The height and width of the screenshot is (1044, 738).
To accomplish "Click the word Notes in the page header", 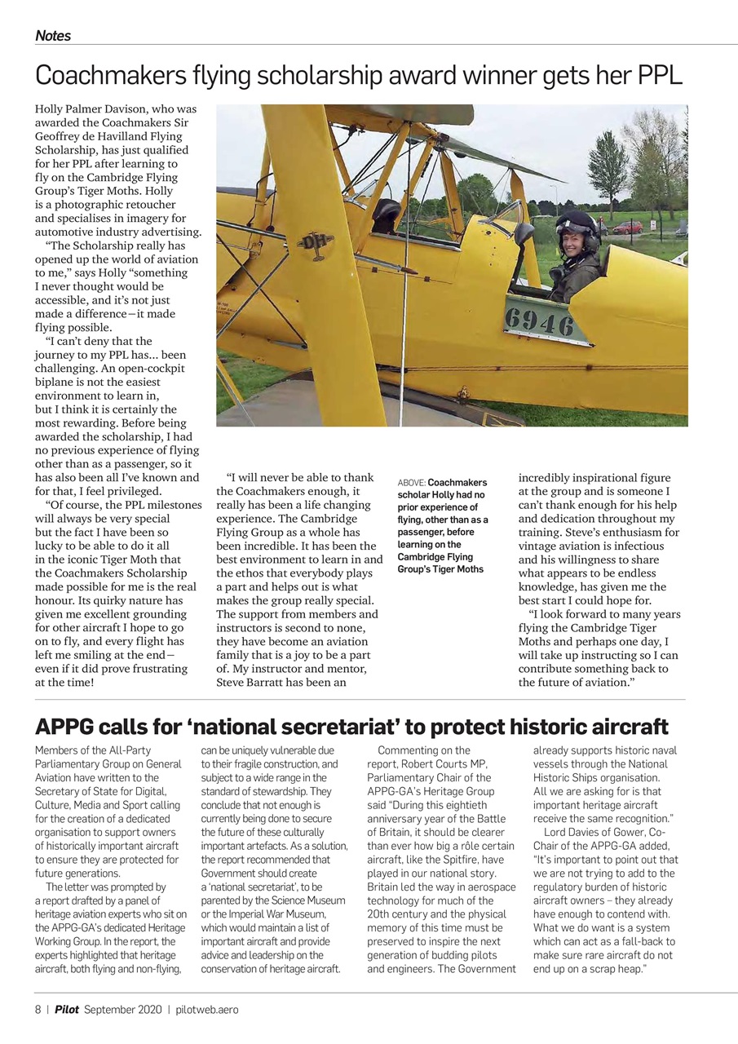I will pos(53,36).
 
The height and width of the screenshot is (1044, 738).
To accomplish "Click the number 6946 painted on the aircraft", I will pos(538,324).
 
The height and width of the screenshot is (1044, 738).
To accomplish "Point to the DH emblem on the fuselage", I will pos(315,244).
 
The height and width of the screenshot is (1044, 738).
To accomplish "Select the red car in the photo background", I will pos(628,228).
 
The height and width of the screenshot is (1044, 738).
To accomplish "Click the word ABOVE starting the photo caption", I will pos(411,483).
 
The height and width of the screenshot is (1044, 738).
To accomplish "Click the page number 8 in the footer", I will pos(38,1010).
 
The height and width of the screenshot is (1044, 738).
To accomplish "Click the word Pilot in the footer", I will pos(67,1010).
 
